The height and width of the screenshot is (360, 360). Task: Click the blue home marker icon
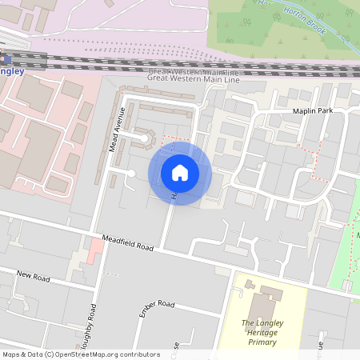click(180, 173)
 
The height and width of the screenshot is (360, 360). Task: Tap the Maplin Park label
click(311, 110)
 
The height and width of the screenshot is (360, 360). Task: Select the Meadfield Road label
click(127, 242)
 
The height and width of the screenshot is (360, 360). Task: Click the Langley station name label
click(14, 70)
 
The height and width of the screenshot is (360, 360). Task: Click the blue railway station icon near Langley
click(4, 58)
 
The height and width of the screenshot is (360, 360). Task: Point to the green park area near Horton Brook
click(256, 28)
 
